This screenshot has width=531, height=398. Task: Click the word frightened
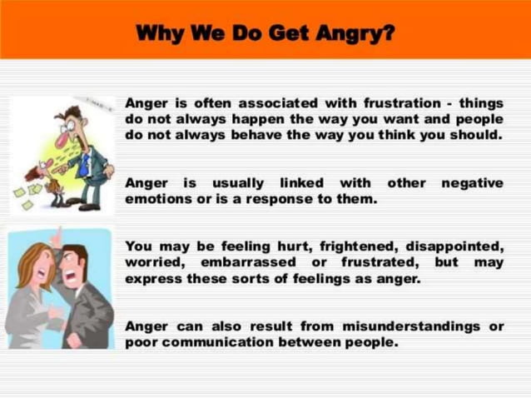click(x=324, y=246)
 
